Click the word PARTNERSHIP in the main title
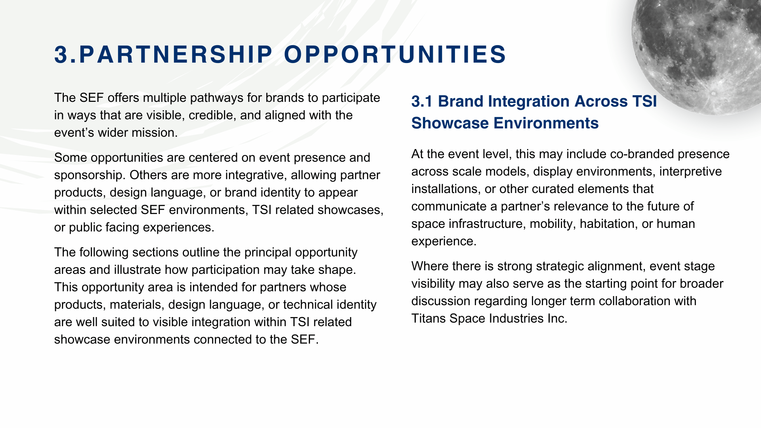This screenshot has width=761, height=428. tap(176, 54)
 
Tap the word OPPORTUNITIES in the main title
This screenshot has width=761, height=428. tap(395, 54)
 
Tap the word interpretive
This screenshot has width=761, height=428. tap(690, 172)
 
